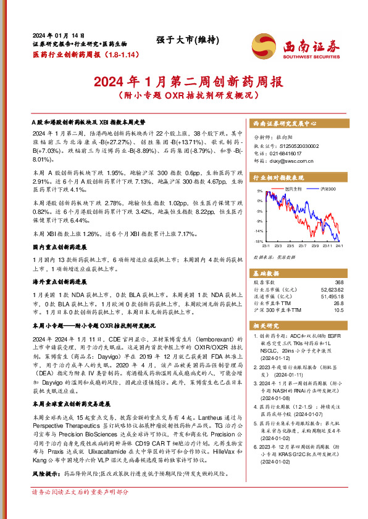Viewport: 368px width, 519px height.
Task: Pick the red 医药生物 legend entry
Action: pos(293,188)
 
